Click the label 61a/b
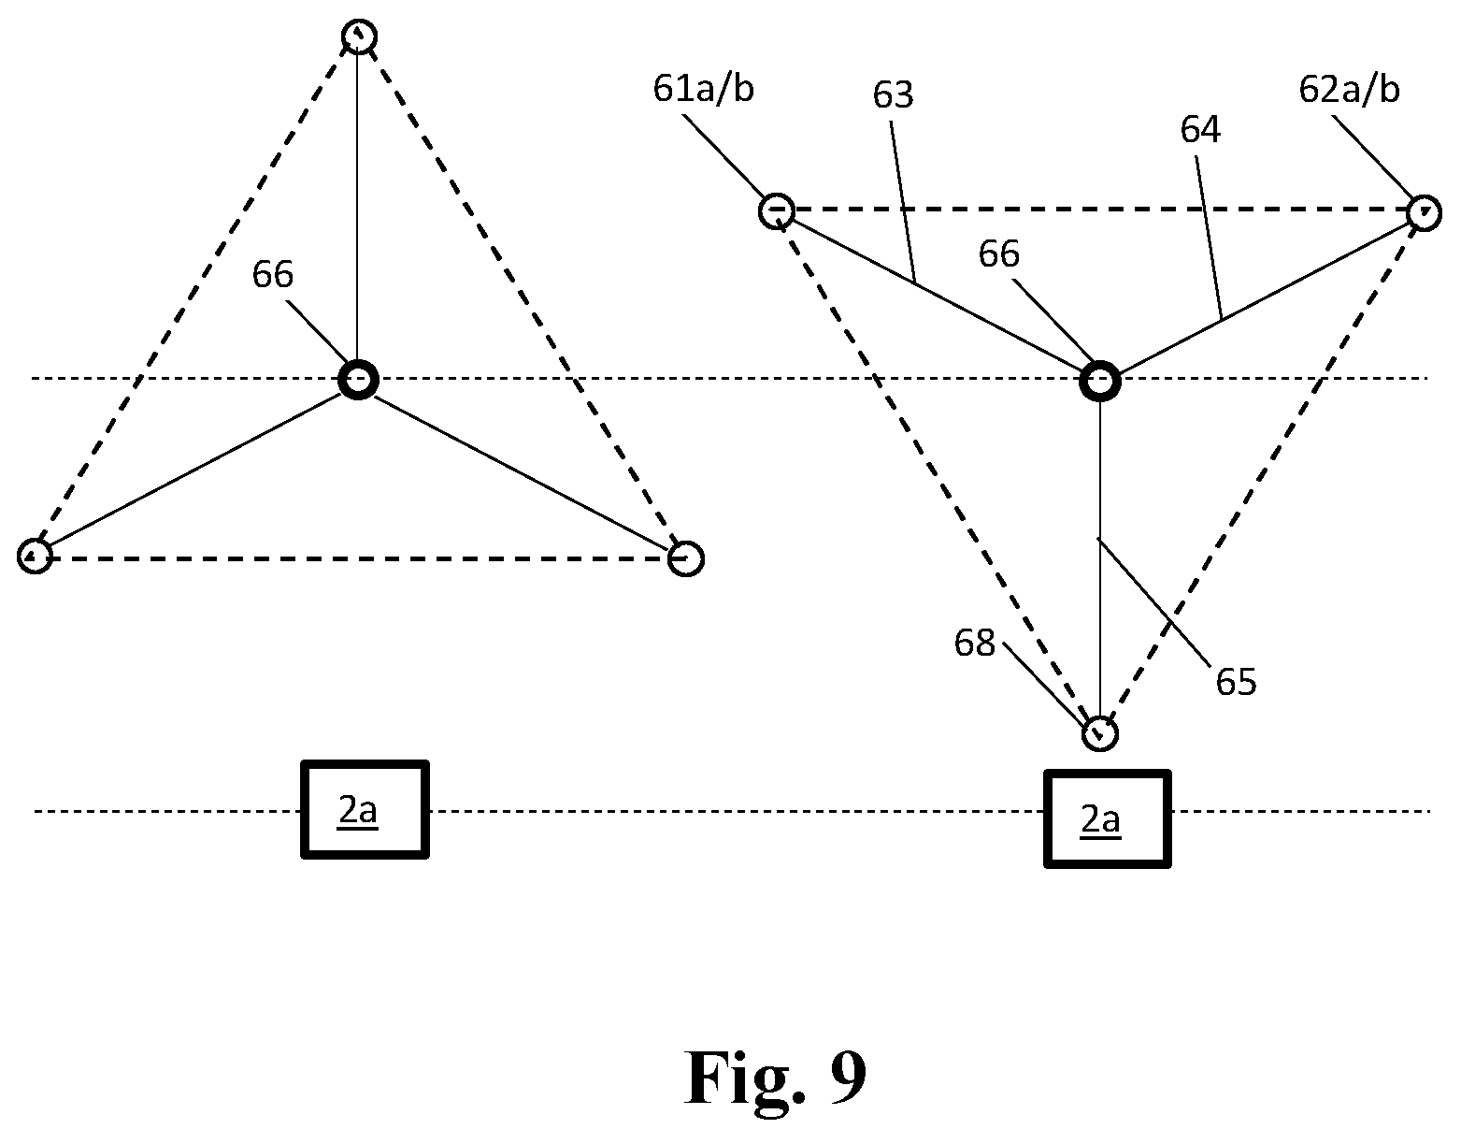coord(703,90)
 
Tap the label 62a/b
coord(1349,90)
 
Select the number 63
coord(893,95)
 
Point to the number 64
coord(1200,130)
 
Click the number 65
coord(1236,682)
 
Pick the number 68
coord(974,644)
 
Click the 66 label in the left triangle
coord(272,275)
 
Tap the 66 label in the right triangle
coord(998,254)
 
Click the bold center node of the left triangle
coord(358,380)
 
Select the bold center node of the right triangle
coord(1100,382)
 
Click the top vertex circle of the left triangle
coord(360,36)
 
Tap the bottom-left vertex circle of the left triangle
coord(35,557)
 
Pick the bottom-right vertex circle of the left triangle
coord(686,558)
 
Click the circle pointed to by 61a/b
coord(777,211)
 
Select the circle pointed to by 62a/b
coord(1424,213)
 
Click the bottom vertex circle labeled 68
coord(1100,733)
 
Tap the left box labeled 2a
coord(365,809)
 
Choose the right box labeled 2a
coord(1108,818)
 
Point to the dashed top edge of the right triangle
coord(1100,210)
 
